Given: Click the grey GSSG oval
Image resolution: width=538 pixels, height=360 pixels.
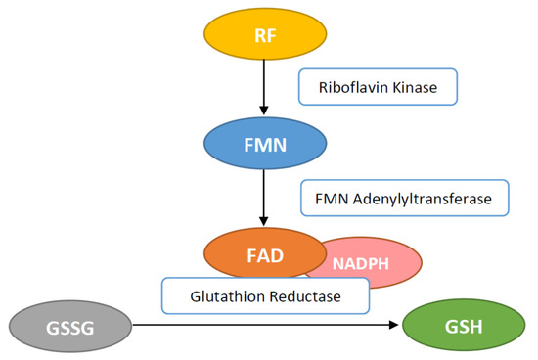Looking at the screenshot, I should pyautogui.click(x=67, y=325).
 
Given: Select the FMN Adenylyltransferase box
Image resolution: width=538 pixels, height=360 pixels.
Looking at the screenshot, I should pyautogui.click(x=404, y=199).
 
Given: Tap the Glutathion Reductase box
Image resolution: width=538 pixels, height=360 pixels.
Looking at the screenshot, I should pyautogui.click(x=265, y=295).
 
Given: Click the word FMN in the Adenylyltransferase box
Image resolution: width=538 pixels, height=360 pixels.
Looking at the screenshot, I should pyautogui.click(x=333, y=199).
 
